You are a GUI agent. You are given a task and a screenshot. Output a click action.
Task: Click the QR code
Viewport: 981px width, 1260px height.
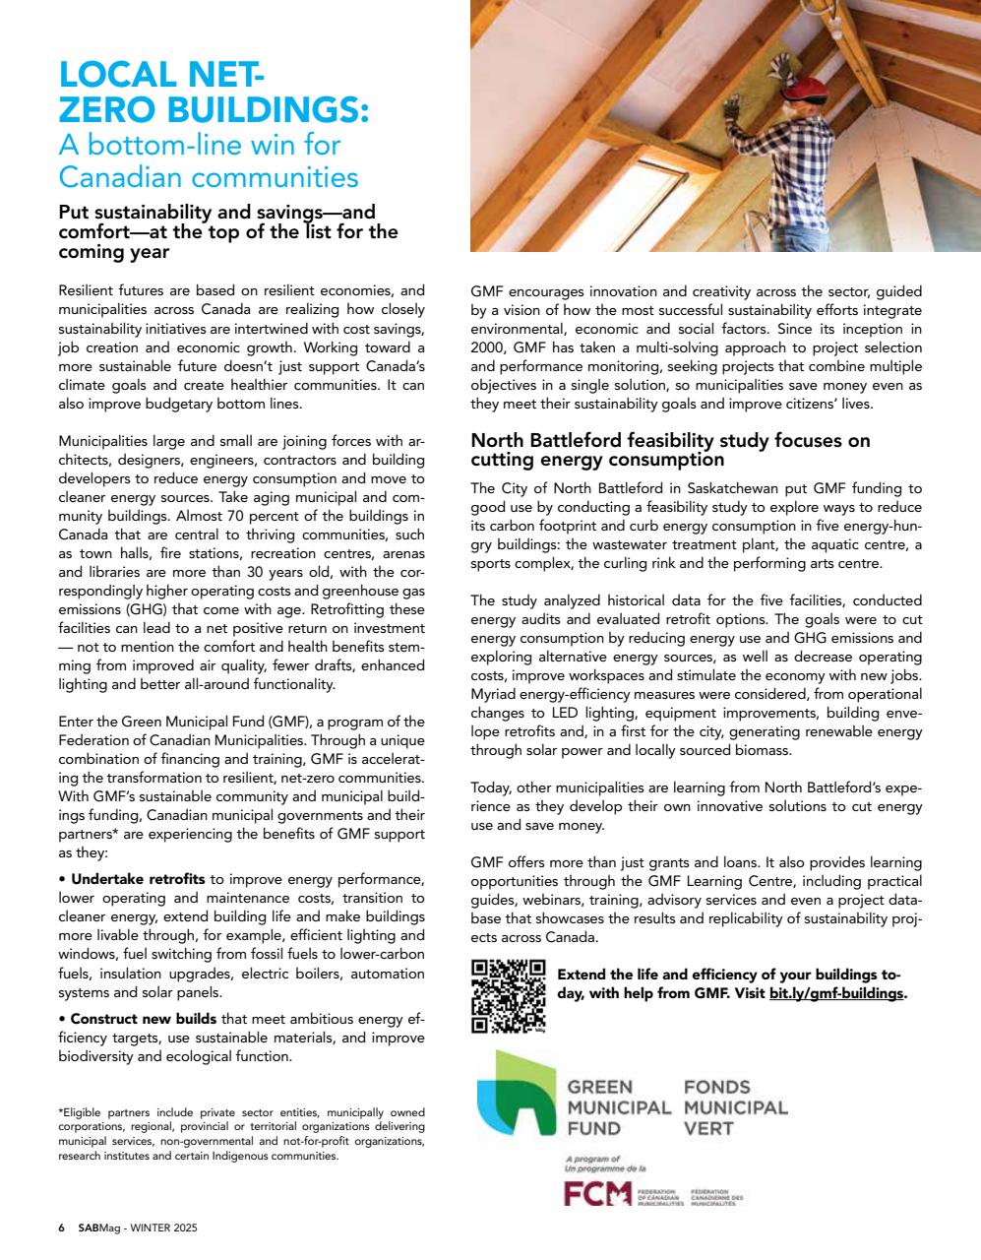508,994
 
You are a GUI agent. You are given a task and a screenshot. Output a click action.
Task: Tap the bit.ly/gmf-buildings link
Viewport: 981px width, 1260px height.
835,993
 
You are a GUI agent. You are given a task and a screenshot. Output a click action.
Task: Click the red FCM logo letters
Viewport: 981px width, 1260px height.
597,1193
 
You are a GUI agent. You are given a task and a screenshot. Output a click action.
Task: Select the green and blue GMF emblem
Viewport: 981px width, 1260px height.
515,1094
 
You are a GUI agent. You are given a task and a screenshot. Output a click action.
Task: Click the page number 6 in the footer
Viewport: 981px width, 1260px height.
61,1228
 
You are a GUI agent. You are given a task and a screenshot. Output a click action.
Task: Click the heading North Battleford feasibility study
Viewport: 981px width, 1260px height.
670,450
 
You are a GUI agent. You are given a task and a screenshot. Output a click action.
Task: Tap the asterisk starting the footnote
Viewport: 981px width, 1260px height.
61,1112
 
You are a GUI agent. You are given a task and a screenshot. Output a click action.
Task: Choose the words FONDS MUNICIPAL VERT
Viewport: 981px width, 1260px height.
735,1107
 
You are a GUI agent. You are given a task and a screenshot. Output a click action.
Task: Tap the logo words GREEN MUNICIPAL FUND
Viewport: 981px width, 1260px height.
618,1107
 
